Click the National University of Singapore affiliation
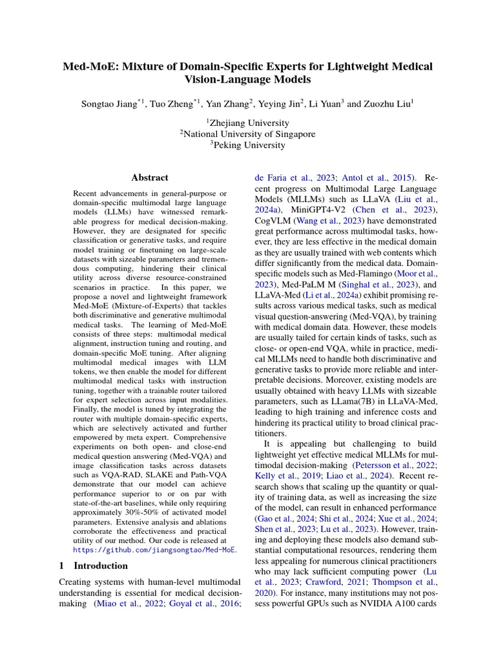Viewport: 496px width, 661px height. coord(248,134)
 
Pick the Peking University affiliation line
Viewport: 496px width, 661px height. coord(248,145)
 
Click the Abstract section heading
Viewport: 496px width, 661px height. coord(150,178)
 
